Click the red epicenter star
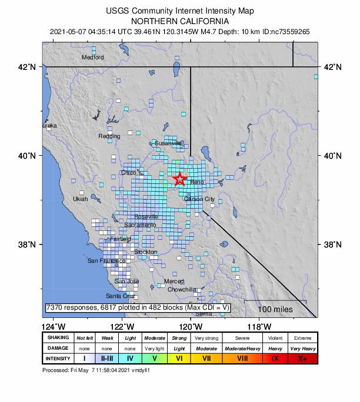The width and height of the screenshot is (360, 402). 180,179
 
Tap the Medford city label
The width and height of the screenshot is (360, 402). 92,58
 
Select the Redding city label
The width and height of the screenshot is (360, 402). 109,136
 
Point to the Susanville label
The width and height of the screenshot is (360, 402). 168,143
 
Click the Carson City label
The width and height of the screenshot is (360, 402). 199,199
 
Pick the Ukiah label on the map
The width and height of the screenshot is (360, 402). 80,199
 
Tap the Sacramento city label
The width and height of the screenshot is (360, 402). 141,225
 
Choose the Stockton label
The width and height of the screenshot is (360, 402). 145,252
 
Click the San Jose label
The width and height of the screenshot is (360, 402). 126,282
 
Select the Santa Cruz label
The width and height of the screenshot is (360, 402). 120,296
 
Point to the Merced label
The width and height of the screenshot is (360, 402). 174,282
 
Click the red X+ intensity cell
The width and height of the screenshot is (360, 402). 302,358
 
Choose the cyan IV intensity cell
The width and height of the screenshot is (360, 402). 130,358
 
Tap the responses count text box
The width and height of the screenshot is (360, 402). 138,308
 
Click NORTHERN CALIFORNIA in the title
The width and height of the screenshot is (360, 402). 180,21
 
